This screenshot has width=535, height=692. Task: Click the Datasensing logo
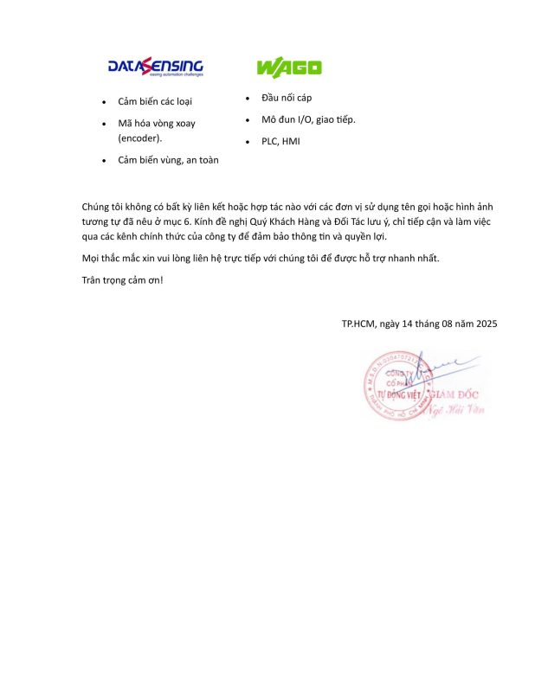(155, 67)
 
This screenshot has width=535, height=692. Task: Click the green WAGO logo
(288, 67)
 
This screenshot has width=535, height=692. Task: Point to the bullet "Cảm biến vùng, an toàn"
(170, 160)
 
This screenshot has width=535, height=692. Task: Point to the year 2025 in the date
(485, 324)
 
